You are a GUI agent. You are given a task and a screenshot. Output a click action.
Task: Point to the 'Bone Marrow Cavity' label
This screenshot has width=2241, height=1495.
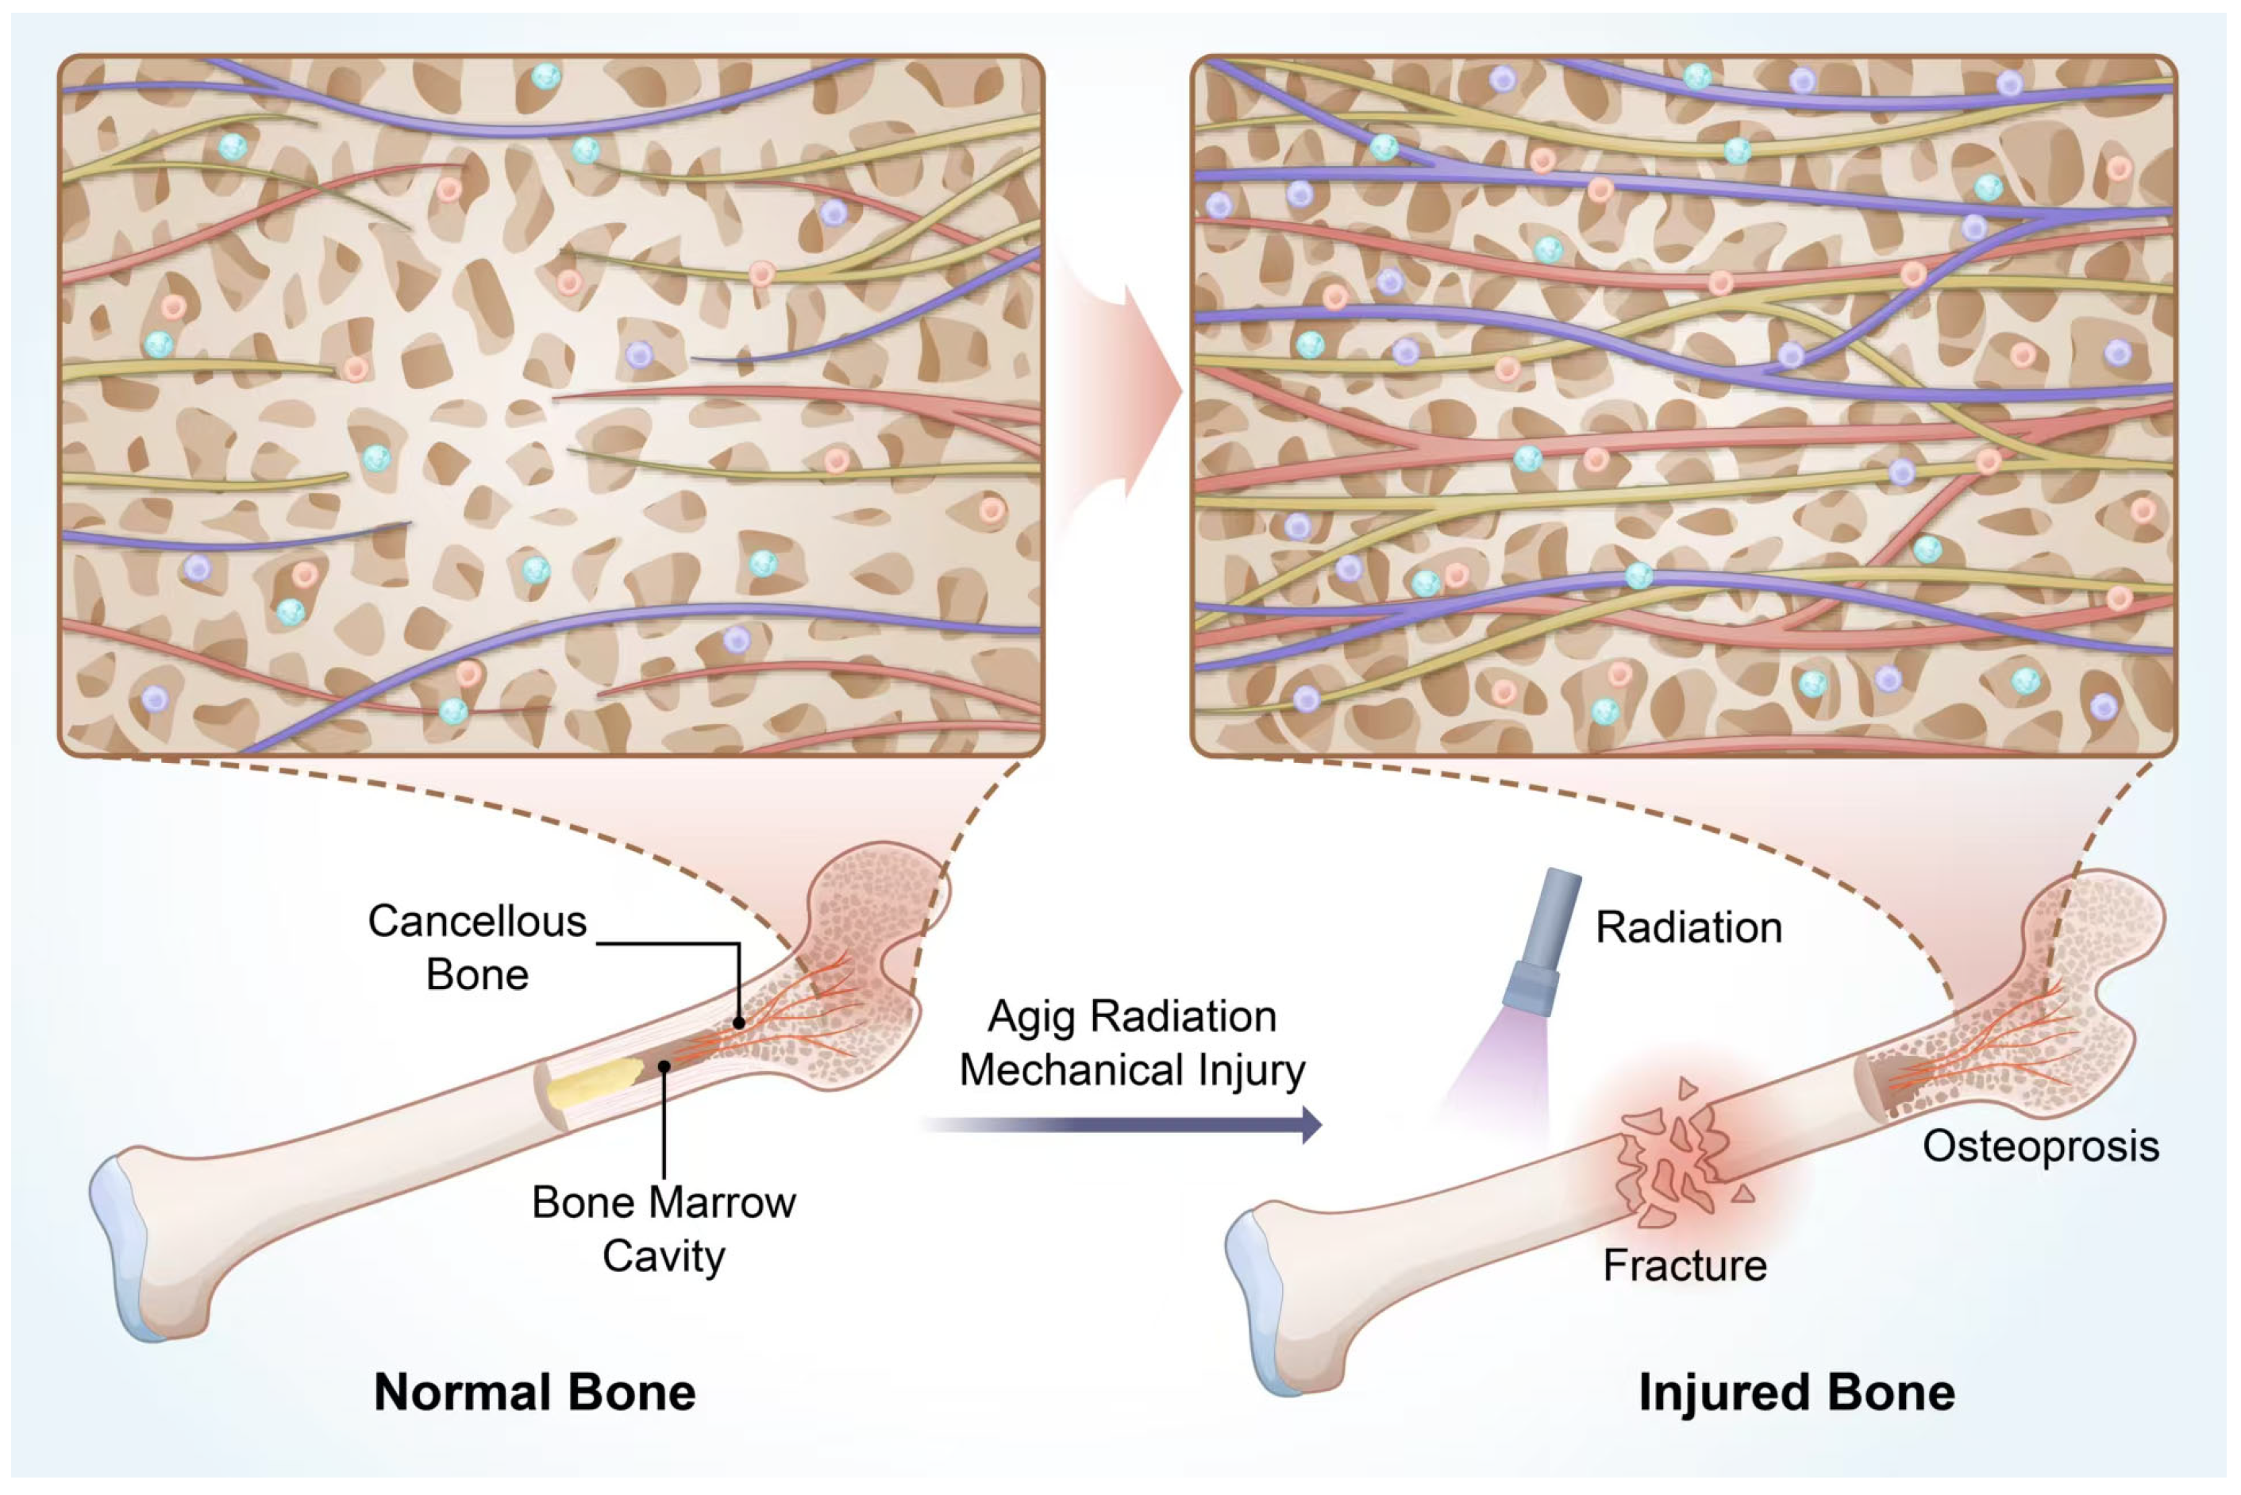(664, 1229)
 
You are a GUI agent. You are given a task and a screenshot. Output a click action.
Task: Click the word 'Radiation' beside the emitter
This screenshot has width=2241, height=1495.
(1688, 927)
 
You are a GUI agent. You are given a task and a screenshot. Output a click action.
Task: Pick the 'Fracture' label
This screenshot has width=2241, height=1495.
(1685, 1266)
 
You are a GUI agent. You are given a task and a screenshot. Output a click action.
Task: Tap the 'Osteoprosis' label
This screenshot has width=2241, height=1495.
(2040, 1146)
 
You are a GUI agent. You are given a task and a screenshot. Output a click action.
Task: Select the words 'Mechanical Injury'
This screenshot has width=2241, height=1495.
(1131, 1069)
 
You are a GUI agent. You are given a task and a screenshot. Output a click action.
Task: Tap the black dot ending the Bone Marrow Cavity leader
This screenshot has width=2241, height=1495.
(664, 1066)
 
